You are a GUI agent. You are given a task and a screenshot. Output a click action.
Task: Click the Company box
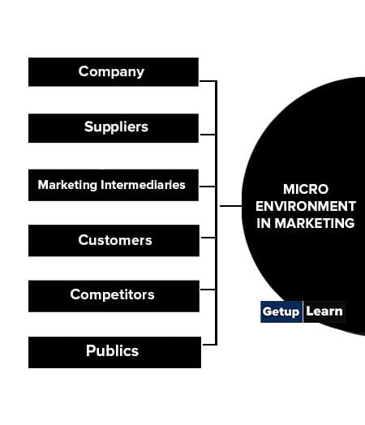[114, 72]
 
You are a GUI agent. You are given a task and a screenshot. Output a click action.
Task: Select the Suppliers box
[114, 128]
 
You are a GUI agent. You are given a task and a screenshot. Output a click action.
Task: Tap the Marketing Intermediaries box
[114, 185]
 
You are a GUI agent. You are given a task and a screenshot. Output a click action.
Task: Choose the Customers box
[114, 240]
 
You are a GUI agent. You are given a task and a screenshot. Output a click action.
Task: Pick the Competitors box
[114, 296]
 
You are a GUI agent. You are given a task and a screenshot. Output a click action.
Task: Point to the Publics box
[114, 352]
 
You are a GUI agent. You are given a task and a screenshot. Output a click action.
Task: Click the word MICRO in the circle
[306, 189]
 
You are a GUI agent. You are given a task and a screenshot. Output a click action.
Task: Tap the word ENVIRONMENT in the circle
[306, 206]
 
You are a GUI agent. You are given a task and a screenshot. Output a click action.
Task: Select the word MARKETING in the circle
[315, 223]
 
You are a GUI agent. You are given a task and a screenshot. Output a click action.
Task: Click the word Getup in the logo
[281, 311]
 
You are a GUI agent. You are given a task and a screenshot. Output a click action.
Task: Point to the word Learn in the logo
[324, 311]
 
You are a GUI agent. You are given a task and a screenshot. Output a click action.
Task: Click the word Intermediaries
[143, 185]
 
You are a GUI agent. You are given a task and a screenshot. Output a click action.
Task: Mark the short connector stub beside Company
[208, 81]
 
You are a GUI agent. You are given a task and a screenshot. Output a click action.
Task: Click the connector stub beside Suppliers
[208, 134]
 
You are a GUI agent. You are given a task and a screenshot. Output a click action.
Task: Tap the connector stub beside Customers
[208, 238]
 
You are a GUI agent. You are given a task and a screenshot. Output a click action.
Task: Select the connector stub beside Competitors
[208, 290]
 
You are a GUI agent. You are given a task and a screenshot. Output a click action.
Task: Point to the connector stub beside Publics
[209, 345]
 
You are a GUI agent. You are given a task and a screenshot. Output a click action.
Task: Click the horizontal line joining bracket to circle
[230, 206]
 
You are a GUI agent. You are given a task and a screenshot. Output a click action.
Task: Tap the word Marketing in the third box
[67, 185]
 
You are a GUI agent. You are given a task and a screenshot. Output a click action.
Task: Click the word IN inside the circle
[264, 223]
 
